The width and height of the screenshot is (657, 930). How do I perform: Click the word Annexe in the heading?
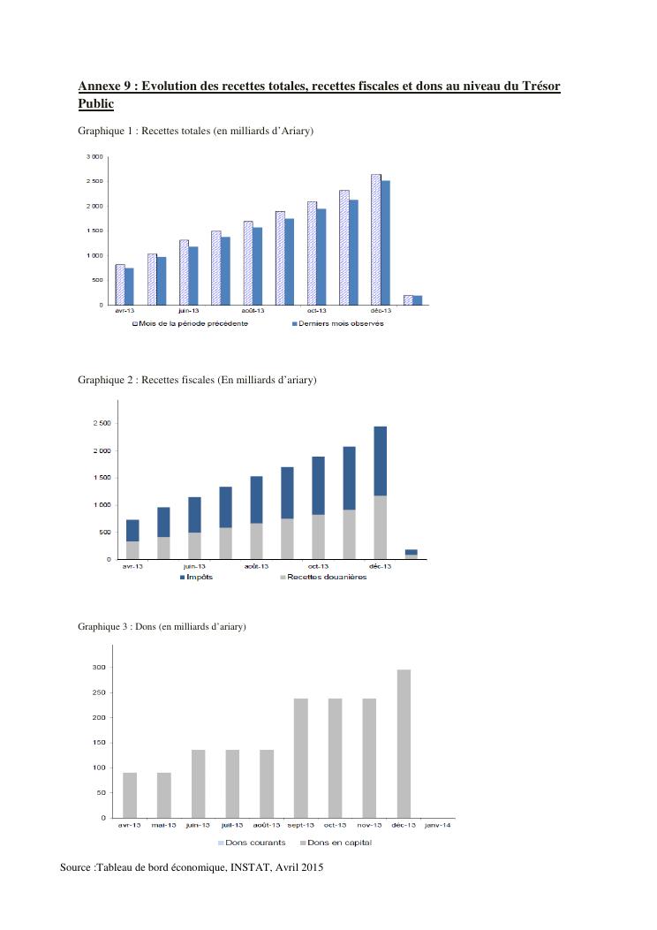99,86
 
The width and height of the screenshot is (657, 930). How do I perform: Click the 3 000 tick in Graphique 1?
94,156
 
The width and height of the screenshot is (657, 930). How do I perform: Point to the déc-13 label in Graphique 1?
381,311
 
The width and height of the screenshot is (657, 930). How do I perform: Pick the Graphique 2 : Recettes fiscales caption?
197,380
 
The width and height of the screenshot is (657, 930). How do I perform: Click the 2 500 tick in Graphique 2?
102,424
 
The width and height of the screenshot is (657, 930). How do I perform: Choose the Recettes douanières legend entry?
326,577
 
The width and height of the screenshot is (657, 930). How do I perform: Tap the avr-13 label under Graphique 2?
132,566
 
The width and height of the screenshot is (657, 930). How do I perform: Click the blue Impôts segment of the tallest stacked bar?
380,460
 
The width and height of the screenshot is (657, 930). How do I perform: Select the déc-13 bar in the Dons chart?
404,743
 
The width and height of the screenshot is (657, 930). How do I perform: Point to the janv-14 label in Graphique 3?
438,825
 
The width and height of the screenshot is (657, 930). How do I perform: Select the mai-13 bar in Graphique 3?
164,795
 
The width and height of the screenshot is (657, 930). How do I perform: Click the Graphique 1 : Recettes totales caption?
196,132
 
